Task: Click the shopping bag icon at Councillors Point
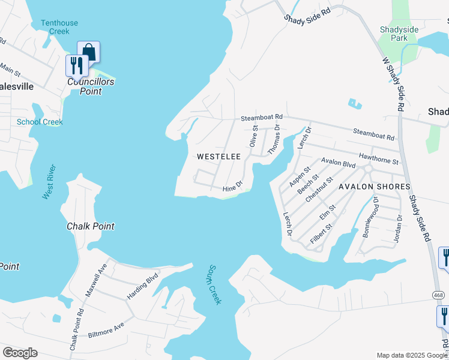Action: (x=89, y=52)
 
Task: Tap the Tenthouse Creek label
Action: (x=59, y=27)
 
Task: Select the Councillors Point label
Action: (x=91, y=86)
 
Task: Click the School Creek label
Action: (x=40, y=122)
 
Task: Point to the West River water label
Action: (x=49, y=182)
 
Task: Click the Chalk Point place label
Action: (x=90, y=226)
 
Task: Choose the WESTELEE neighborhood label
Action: (x=219, y=157)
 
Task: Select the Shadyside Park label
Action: (x=403, y=34)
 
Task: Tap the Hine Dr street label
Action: (x=232, y=188)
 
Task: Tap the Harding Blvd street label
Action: (x=142, y=287)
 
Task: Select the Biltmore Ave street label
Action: (x=106, y=329)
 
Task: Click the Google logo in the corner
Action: (x=20, y=353)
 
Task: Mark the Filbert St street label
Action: (x=321, y=235)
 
